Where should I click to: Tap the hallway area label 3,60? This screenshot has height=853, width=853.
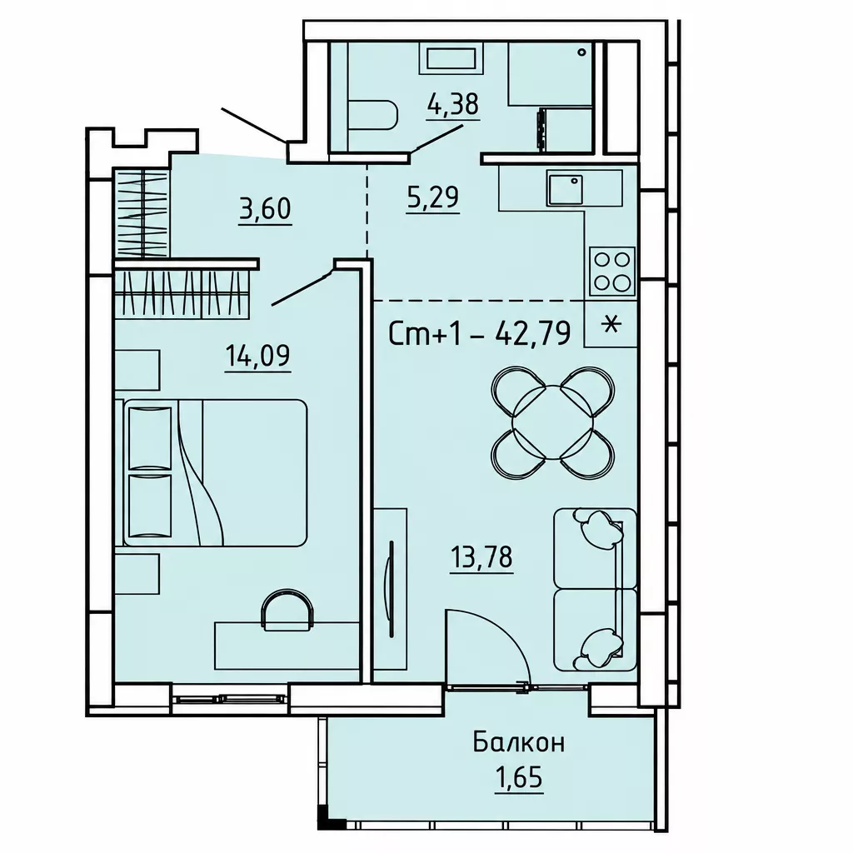(266, 209)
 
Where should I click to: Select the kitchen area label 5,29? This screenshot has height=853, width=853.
(433, 197)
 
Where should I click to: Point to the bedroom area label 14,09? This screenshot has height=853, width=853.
(258, 357)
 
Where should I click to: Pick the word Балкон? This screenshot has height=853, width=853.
(519, 742)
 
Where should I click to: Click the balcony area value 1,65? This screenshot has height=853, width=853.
(518, 778)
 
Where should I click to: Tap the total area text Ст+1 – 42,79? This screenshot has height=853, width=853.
(480, 333)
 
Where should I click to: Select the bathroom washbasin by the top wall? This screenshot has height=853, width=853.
(451, 59)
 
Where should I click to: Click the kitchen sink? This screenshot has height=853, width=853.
(566, 189)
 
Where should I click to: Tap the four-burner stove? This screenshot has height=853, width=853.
(612, 271)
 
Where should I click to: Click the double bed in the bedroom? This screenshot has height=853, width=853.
(216, 473)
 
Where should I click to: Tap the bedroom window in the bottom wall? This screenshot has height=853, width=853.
(231, 700)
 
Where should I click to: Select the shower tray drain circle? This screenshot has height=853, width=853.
(582, 52)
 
